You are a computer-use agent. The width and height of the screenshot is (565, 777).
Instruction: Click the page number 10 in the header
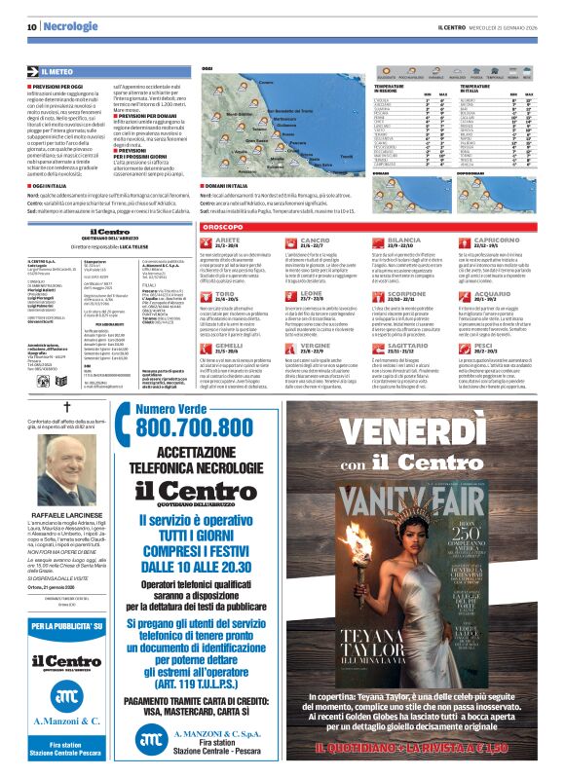click(x=31, y=27)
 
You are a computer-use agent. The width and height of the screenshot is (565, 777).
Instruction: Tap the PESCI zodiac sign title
click(x=484, y=344)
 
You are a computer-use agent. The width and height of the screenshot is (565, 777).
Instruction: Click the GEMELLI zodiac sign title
click(x=230, y=345)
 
